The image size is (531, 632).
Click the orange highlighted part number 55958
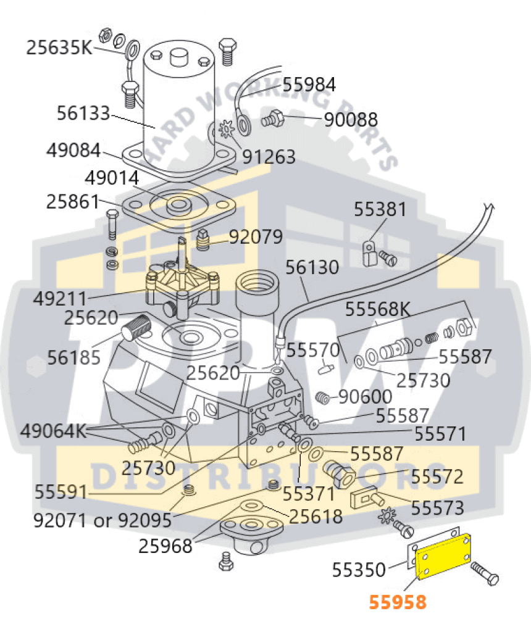click(397, 602)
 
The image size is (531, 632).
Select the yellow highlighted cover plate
click(444, 560)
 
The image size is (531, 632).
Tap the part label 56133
click(83, 114)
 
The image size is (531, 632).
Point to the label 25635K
click(58, 47)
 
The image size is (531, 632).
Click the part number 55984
click(309, 84)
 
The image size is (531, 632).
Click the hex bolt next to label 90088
click(272, 118)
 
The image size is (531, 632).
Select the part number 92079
click(256, 236)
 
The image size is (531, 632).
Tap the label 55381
click(380, 209)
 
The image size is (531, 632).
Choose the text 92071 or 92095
click(102, 520)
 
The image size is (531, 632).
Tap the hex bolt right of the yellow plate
click(485, 573)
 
